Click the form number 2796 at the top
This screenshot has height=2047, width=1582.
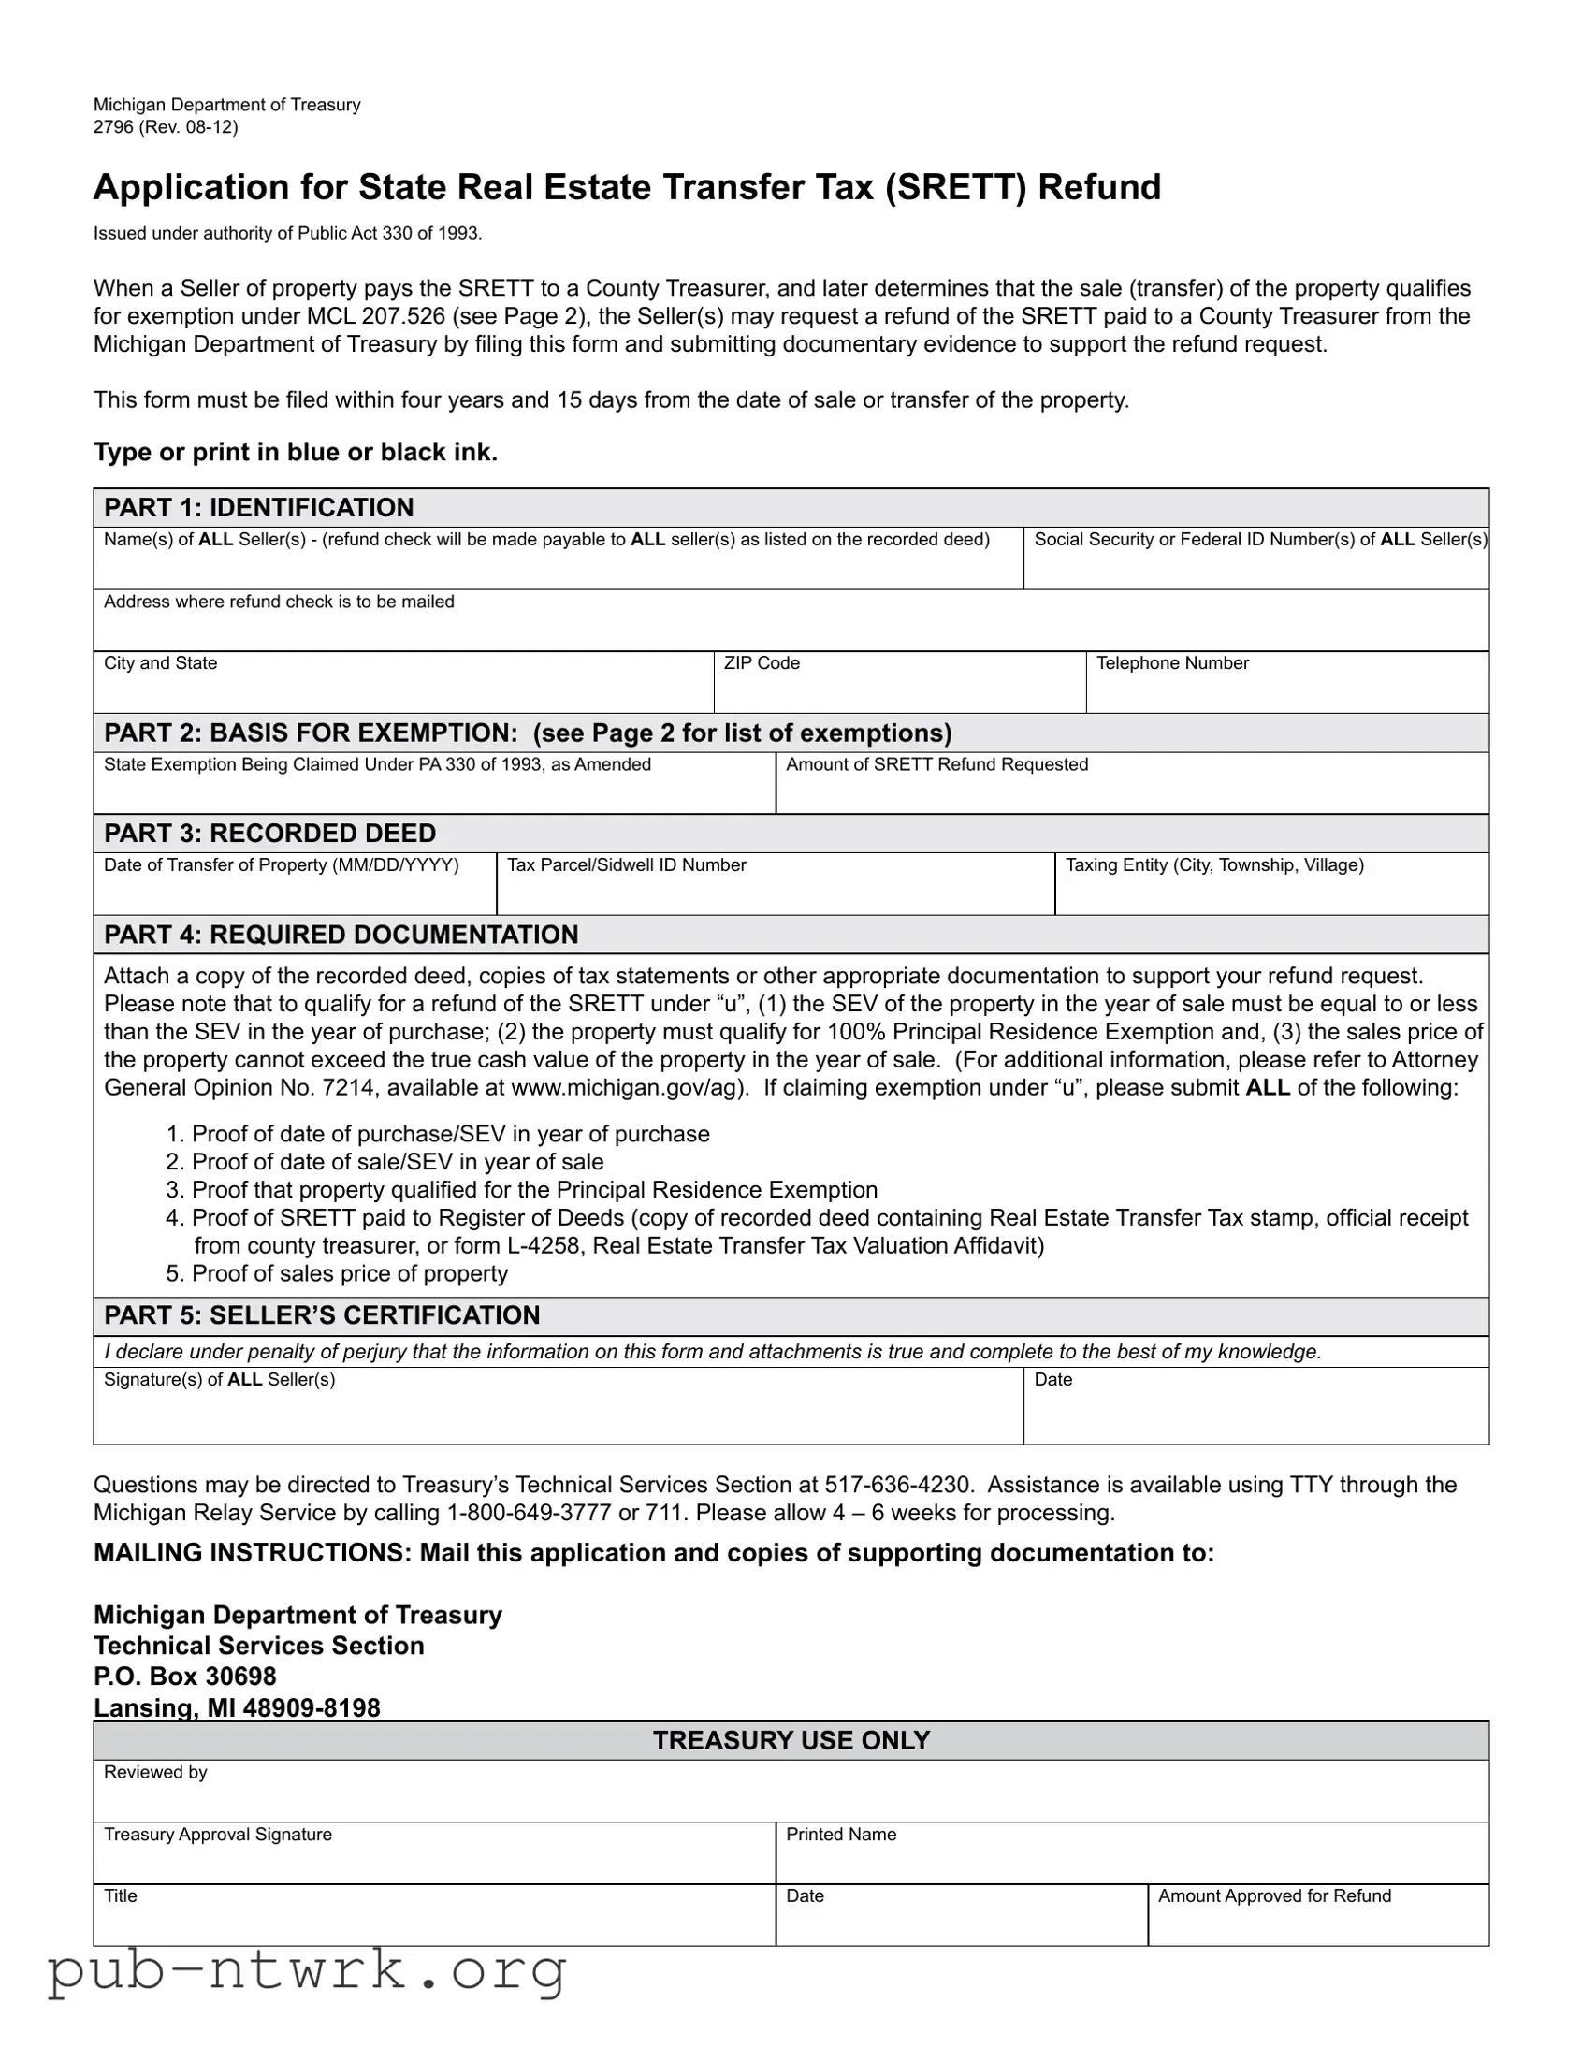click(113, 127)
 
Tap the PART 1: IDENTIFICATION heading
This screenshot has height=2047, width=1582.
click(258, 508)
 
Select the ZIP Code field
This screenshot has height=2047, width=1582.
click(899, 690)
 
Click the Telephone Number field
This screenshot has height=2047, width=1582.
click(1285, 690)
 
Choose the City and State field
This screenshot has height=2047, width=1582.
click(403, 690)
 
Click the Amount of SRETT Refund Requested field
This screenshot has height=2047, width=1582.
click(1131, 791)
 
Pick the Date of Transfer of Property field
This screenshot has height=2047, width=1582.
click(295, 892)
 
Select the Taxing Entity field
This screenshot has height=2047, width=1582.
click(1270, 892)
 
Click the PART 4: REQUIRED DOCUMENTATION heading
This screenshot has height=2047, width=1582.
click(341, 935)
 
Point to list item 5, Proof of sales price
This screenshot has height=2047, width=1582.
click(349, 1273)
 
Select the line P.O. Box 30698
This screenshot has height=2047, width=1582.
click(185, 1677)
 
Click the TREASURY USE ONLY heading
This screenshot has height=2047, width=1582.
click(791, 1740)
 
